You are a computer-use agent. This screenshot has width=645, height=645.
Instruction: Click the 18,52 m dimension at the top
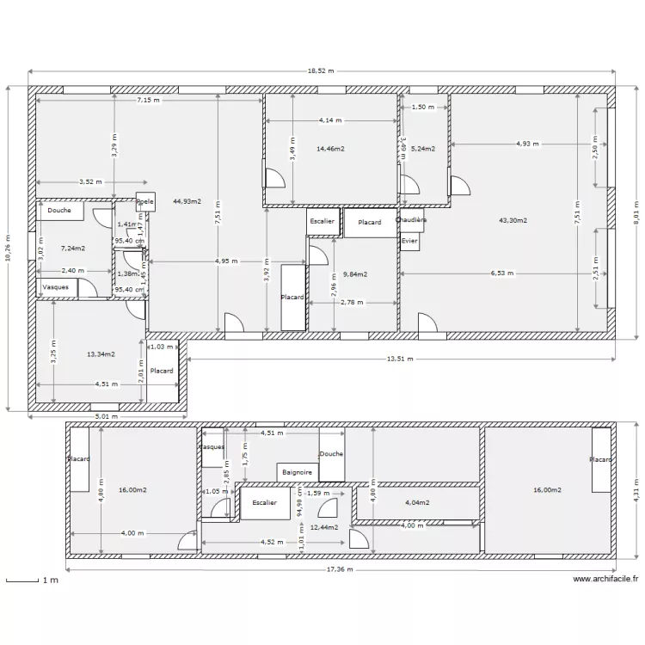pyautogui.click(x=321, y=72)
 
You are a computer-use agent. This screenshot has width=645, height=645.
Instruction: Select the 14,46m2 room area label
pyautogui.click(x=330, y=149)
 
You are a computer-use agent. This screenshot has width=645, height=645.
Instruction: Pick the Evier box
pyautogui.click(x=409, y=242)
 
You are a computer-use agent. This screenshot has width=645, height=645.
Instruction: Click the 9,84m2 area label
pyautogui.click(x=354, y=274)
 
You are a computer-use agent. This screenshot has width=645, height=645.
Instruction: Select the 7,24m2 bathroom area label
pyautogui.click(x=72, y=249)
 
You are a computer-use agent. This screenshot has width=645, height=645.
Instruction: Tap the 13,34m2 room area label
pyautogui.click(x=101, y=353)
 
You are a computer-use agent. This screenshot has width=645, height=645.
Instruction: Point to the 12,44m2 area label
pyautogui.click(x=324, y=527)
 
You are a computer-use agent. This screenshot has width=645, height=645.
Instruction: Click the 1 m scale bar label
pyautogui.click(x=49, y=581)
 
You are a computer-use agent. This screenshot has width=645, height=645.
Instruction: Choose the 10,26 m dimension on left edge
pyautogui.click(x=9, y=249)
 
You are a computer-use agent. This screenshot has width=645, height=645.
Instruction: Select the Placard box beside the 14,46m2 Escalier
pyautogui.click(x=370, y=222)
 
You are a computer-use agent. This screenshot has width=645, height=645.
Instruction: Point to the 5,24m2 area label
pyautogui.click(x=422, y=149)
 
